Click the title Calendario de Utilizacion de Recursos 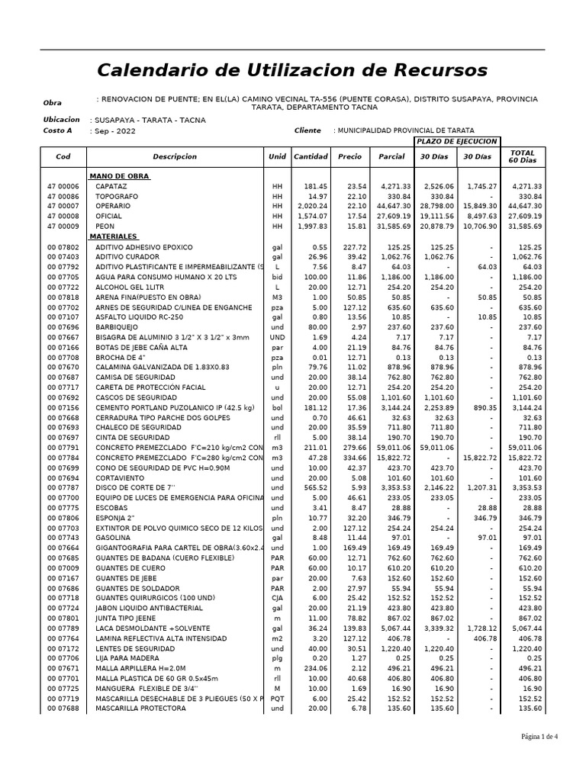click(x=291, y=70)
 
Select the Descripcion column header click(x=175, y=156)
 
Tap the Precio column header click(x=349, y=156)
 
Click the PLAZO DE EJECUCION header click(x=456, y=142)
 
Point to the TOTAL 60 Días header click(x=523, y=156)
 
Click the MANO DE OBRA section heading click(x=119, y=176)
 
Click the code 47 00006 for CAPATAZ click(x=63, y=186)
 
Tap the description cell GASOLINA click(x=113, y=538)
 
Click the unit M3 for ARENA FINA click(x=277, y=297)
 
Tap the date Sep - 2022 click(x=113, y=131)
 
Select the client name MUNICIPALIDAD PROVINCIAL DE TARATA click(x=405, y=131)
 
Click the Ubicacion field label click(x=62, y=120)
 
